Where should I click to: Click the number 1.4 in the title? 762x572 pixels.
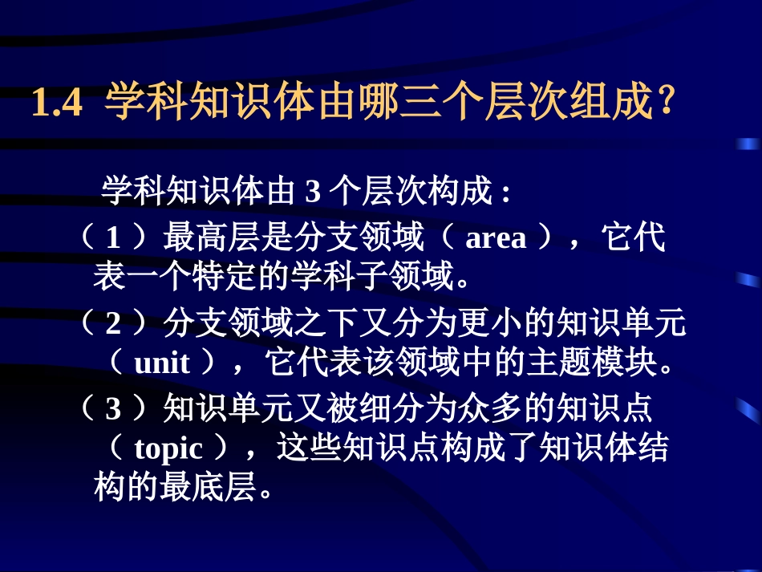point(57,106)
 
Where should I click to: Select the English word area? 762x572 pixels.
point(496,238)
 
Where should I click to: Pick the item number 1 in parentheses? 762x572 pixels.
point(113,238)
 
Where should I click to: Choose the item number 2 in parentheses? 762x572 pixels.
point(113,323)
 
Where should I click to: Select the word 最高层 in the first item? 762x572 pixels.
point(203,238)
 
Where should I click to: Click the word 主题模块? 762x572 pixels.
point(583,363)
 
